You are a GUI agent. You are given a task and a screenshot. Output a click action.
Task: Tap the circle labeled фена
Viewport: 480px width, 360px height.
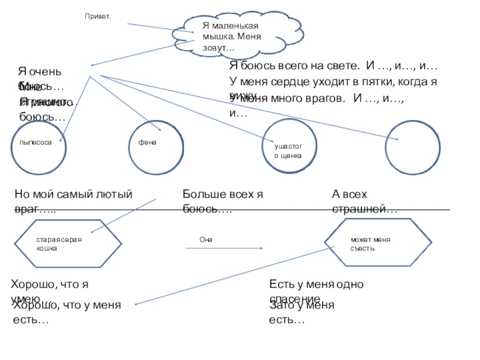[154, 146]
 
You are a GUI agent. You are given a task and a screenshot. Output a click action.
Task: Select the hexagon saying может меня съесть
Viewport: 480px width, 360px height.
[378, 243]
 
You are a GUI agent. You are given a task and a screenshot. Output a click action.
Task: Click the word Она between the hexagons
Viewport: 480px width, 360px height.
[206, 239]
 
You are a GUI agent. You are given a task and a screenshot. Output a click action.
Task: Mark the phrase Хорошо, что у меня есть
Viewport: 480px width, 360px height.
[66, 313]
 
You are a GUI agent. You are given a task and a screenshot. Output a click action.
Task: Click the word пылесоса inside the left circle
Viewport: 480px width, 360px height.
[32, 142]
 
